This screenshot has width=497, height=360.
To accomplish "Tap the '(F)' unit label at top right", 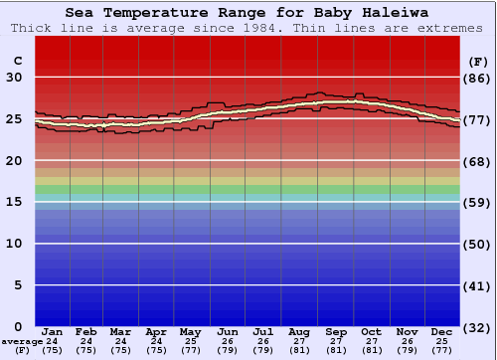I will pyautogui.click(x=478, y=61).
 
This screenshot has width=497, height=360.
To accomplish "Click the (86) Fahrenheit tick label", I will pyautogui.click(x=478, y=78).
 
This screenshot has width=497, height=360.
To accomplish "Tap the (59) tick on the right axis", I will pyautogui.click(x=478, y=202).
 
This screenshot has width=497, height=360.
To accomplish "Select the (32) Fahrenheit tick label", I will pyautogui.click(x=478, y=327).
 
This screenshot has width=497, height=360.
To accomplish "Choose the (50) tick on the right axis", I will pyautogui.click(x=478, y=244).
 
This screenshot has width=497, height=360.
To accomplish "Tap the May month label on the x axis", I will pyautogui.click(x=191, y=331).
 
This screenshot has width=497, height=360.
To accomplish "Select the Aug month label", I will pyautogui.click(x=298, y=331).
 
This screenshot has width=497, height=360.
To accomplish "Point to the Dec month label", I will pyautogui.click(x=441, y=331).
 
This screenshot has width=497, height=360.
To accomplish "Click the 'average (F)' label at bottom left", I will pyautogui.click(x=22, y=346).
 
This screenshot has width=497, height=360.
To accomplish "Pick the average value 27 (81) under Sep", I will pyautogui.click(x=335, y=345).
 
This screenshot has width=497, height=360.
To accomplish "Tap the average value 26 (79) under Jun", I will pyautogui.click(x=228, y=345).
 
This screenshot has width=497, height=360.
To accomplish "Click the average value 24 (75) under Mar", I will pyautogui.click(x=120, y=345).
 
